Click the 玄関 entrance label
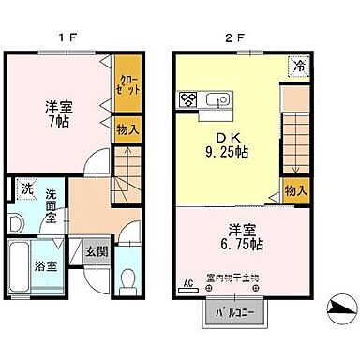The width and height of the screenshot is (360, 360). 96,250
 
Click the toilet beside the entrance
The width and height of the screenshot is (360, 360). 129,278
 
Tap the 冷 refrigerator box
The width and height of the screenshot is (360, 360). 296,67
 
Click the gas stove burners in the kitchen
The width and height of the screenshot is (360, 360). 188,98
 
